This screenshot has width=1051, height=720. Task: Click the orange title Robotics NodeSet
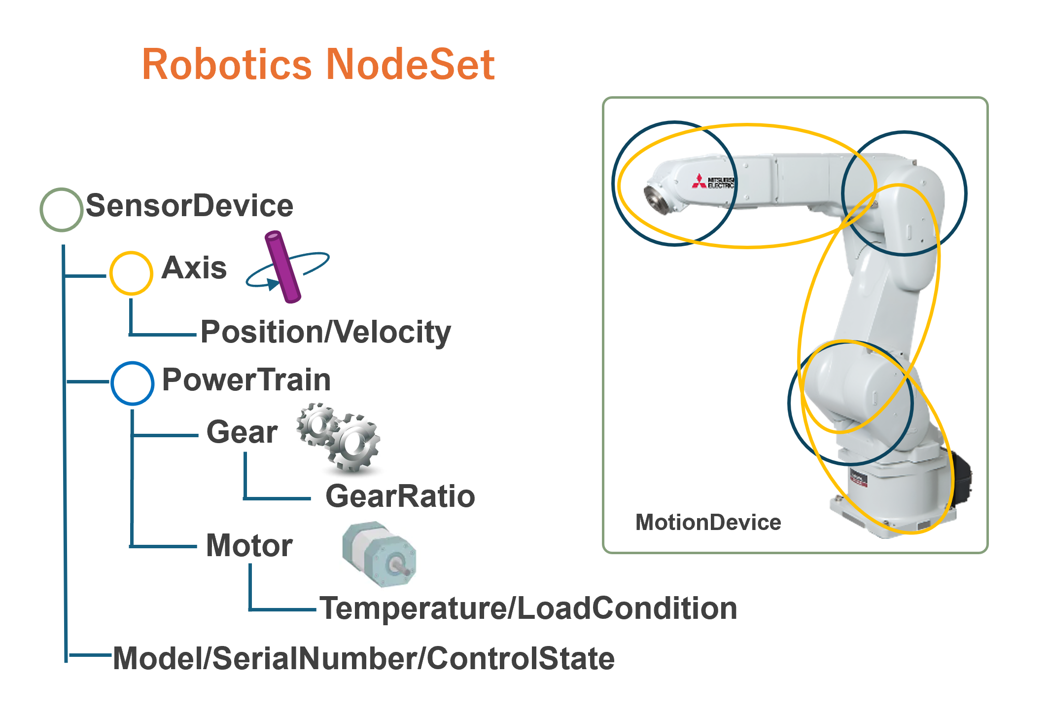pyautogui.click(x=318, y=65)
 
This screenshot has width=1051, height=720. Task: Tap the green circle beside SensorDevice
pyautogui.click(x=61, y=209)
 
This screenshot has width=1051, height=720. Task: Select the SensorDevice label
pyautogui.click(x=190, y=206)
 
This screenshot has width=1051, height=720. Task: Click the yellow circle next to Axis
pyautogui.click(x=131, y=273)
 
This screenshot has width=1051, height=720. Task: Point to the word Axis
pyautogui.click(x=194, y=268)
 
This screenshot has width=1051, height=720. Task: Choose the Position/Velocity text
pyautogui.click(x=326, y=332)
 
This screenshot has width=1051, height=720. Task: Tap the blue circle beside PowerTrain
pyautogui.click(x=132, y=383)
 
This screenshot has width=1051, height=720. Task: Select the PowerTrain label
pyautogui.click(x=246, y=380)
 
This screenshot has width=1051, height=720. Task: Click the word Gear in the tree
pyautogui.click(x=242, y=432)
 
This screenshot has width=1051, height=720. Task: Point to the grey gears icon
pyautogui.click(x=339, y=437)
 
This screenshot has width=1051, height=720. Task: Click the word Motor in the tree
pyautogui.click(x=249, y=546)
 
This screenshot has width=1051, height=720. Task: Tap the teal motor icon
pyautogui.click(x=379, y=554)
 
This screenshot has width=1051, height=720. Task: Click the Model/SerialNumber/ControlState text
pyautogui.click(x=364, y=658)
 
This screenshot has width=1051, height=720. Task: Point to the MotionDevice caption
pyautogui.click(x=708, y=522)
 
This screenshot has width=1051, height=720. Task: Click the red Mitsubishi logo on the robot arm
pyautogui.click(x=699, y=181)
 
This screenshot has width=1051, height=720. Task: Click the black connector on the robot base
pyautogui.click(x=961, y=479)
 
